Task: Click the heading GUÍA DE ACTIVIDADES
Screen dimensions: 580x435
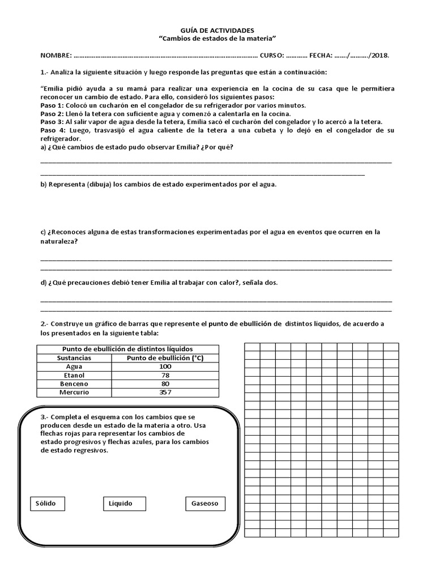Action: point(217,29)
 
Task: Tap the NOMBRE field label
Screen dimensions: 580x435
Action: point(56,56)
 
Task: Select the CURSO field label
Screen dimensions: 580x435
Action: point(272,56)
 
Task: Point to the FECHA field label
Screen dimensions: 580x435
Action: point(321,56)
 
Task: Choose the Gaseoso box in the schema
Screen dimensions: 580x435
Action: point(205,504)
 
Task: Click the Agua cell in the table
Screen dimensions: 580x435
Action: point(74,366)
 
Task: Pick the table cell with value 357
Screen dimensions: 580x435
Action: point(165,392)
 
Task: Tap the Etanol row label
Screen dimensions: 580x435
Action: point(74,375)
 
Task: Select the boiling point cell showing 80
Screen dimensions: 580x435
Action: point(165,383)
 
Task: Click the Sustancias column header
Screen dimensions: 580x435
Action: point(74,358)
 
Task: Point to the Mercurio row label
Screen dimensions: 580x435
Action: point(74,392)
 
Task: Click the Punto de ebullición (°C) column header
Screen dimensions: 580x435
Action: point(165,358)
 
